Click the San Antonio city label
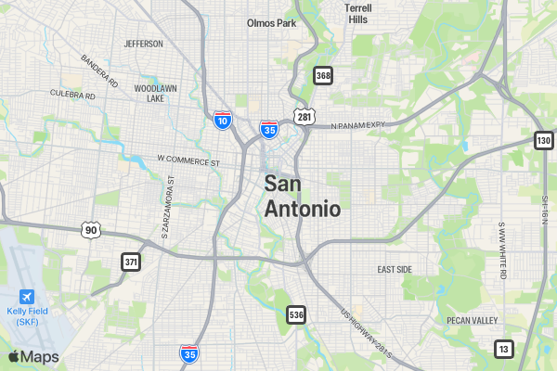(x=302, y=196)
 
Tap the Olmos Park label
(x=271, y=23)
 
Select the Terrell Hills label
(x=357, y=13)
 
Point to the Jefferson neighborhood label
(x=143, y=44)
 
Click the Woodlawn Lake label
(x=149, y=93)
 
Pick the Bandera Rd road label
(x=100, y=70)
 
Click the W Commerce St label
(x=188, y=161)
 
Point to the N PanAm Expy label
(x=357, y=126)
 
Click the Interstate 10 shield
(x=222, y=120)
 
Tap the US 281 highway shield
(x=304, y=117)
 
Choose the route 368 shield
(x=323, y=75)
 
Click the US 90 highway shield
(x=89, y=229)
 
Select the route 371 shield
(x=131, y=262)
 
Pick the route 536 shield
(x=295, y=314)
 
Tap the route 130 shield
(x=543, y=140)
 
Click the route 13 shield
(x=503, y=349)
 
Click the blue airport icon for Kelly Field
(x=26, y=296)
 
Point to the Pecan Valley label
(x=472, y=320)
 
